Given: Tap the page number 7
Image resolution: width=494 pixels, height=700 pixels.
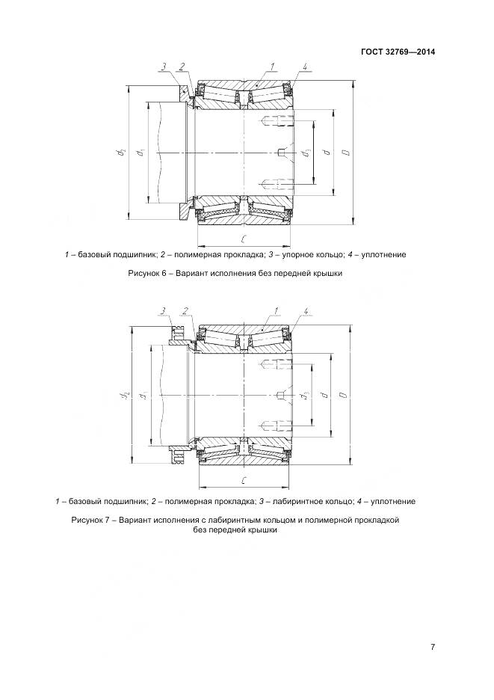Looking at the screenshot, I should pos(433,647).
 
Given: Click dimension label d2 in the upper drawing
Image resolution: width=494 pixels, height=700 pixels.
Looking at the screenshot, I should pos(120,153).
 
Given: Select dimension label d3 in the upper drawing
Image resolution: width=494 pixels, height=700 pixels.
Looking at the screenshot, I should pos(305,153).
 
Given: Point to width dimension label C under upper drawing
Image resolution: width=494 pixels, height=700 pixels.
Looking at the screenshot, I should pos(245,239).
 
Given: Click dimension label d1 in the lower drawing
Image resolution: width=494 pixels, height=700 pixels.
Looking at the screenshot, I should pos(142,394).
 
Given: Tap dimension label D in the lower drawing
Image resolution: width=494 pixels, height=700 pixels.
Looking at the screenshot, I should pos(343,394).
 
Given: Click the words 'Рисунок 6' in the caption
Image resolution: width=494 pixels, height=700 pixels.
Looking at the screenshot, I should pos(150,274).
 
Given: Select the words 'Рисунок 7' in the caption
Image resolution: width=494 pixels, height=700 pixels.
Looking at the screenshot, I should pos(92,519).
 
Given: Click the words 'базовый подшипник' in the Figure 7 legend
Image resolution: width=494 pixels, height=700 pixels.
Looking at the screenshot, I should pos(104,501).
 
